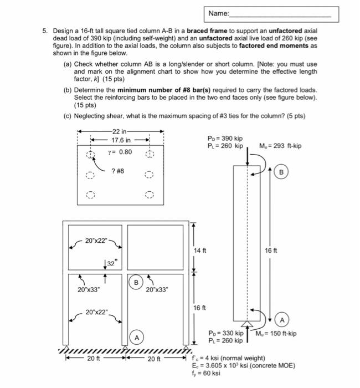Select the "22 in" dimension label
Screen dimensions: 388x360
coord(120,131)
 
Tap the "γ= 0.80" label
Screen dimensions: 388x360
coord(121,151)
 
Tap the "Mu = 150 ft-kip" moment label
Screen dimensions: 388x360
coord(277,334)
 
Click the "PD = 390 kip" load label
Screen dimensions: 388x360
coord(225,139)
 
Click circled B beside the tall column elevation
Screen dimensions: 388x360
coord(281,172)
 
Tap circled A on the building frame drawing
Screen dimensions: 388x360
coord(136,337)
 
